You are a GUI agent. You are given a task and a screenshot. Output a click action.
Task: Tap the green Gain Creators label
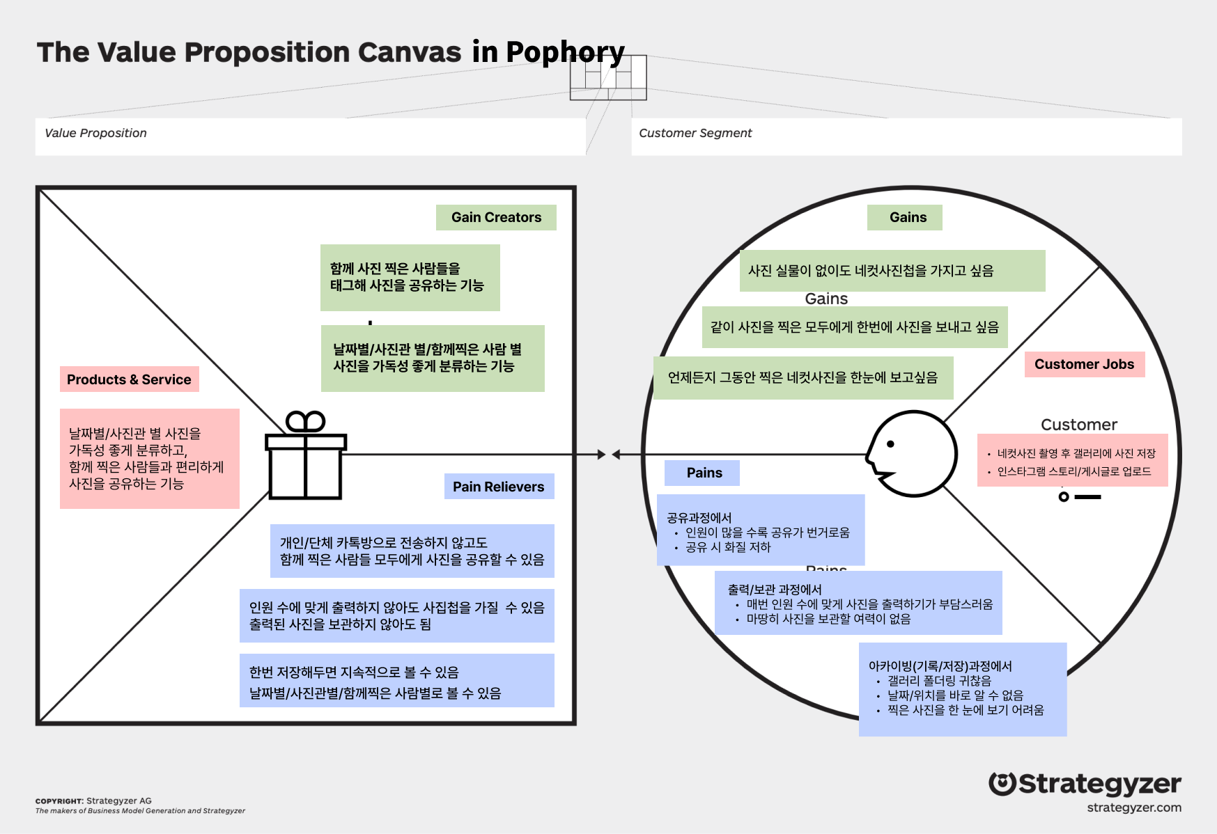point(496,217)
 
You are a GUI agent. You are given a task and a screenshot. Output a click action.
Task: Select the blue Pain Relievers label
point(499,487)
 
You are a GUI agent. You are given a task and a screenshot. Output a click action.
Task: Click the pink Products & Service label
point(129,379)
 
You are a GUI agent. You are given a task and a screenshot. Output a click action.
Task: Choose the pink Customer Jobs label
point(1085,364)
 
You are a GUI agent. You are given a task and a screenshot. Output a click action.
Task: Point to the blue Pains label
point(702,473)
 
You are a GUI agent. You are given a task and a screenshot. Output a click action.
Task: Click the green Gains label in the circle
point(905,217)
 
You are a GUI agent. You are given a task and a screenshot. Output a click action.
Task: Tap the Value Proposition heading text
point(95,133)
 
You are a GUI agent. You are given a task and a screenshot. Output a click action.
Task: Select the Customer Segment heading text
point(695,133)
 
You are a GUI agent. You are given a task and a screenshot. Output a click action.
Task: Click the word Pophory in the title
point(566,52)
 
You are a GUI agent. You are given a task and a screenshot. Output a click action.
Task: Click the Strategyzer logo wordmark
point(1085,784)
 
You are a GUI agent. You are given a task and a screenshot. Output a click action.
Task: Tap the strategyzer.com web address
point(1134,808)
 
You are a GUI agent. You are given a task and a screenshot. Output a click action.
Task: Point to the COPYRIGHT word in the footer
point(59,801)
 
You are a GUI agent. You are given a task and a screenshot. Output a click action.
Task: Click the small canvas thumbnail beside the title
point(608,77)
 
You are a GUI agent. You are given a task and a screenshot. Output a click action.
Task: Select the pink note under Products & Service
point(150,459)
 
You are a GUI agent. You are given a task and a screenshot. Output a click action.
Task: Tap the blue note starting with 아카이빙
point(963,689)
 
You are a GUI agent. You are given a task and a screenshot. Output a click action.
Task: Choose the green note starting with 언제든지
point(803,378)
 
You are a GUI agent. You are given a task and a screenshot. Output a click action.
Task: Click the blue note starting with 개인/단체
point(412,551)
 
